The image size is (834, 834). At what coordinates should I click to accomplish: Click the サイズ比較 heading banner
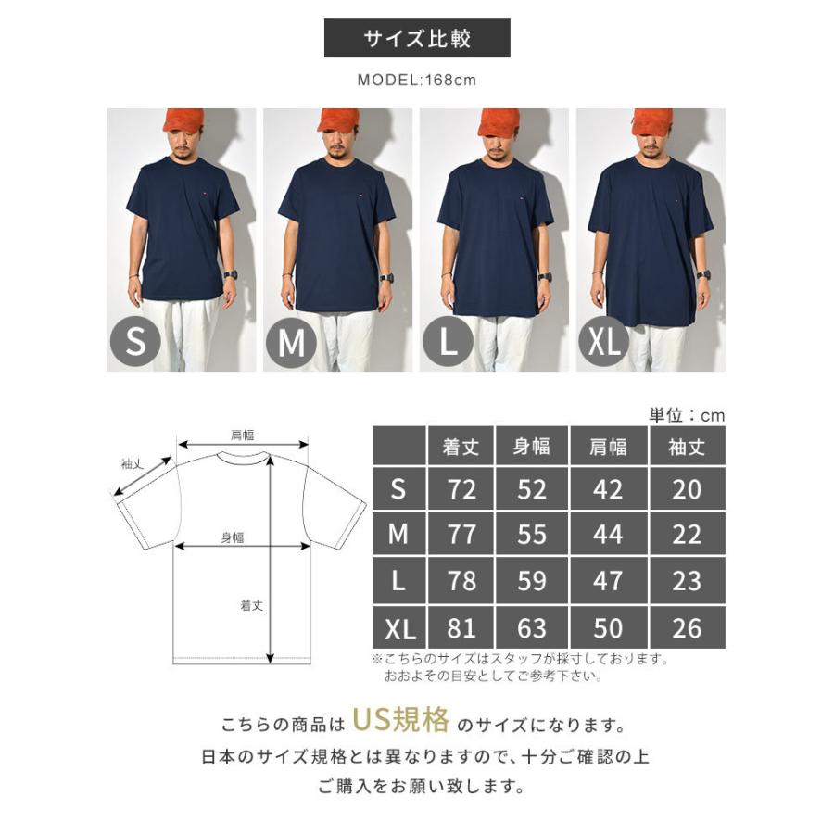click(417, 38)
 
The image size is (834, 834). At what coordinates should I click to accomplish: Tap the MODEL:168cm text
click(417, 81)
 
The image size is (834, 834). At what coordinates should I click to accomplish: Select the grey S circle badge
click(135, 342)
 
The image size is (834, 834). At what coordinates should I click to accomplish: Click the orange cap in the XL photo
click(652, 120)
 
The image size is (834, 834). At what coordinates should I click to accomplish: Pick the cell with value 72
click(461, 489)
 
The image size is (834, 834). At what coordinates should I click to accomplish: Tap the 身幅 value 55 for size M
click(532, 535)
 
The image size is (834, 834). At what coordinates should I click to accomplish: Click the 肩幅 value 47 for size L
click(608, 581)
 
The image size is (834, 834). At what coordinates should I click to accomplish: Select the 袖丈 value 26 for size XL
click(687, 628)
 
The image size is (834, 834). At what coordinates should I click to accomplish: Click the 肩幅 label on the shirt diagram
click(242, 435)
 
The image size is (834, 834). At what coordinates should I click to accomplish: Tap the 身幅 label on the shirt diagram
click(232, 537)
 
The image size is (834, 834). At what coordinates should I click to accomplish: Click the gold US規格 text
click(400, 719)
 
